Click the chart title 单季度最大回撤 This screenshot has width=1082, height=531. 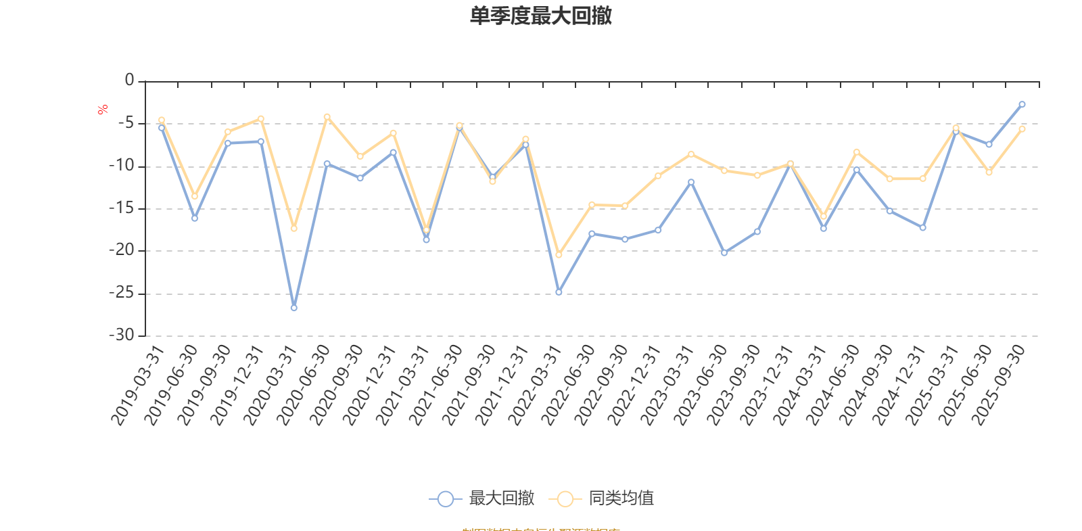540,16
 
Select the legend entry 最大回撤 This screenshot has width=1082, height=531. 500,499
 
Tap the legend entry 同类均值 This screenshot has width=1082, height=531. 620,499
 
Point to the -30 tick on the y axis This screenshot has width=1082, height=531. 122,335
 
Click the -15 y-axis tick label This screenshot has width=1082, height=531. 122,208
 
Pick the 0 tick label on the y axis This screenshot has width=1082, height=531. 129,80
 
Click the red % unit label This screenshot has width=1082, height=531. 103,110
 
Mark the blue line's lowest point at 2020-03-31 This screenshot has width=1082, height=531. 293,308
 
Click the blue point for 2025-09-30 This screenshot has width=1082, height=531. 1022,104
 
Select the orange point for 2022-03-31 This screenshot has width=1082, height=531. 559,255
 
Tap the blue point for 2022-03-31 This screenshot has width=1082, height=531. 559,292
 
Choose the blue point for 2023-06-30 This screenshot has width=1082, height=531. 724,253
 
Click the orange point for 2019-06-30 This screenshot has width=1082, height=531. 194,196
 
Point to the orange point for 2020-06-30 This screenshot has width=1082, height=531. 327,116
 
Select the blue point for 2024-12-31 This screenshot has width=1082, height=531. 922,228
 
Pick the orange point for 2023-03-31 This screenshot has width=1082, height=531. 690,154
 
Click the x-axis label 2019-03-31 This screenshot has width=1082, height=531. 139,386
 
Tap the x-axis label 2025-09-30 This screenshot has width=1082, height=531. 999,386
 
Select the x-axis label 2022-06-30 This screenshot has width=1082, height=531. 569,386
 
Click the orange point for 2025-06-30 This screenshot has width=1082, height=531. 989,172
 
